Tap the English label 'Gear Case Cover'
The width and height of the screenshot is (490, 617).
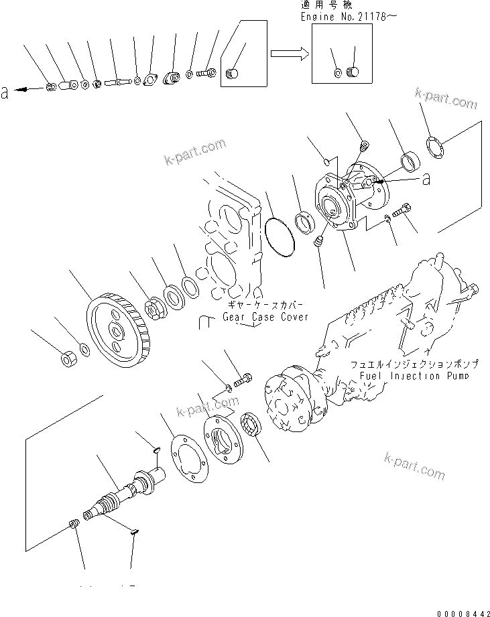pyautogui.click(x=265, y=317)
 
